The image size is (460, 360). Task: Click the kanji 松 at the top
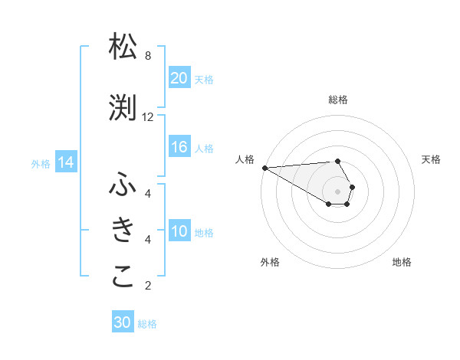(x=123, y=47)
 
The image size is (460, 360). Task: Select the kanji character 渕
(x=123, y=108)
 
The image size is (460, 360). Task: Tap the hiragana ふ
(x=123, y=185)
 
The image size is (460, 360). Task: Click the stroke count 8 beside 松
(x=148, y=56)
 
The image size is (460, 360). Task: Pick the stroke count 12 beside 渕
(x=148, y=117)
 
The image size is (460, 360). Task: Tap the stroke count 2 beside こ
(x=148, y=286)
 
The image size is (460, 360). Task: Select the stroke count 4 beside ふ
(x=148, y=193)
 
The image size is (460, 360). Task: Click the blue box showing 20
(x=179, y=78)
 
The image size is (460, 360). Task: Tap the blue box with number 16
(x=179, y=147)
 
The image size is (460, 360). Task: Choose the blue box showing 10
(x=179, y=231)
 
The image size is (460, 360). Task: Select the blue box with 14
(x=66, y=162)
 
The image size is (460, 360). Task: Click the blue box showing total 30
(x=123, y=322)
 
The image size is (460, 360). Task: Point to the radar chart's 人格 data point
(x=264, y=168)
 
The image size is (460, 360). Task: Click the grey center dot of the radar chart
(x=338, y=191)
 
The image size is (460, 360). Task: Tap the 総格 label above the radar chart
(x=338, y=100)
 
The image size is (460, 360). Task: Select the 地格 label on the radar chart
(x=402, y=262)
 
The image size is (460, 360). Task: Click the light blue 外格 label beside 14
(x=40, y=163)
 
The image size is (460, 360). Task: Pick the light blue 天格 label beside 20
(x=203, y=79)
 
